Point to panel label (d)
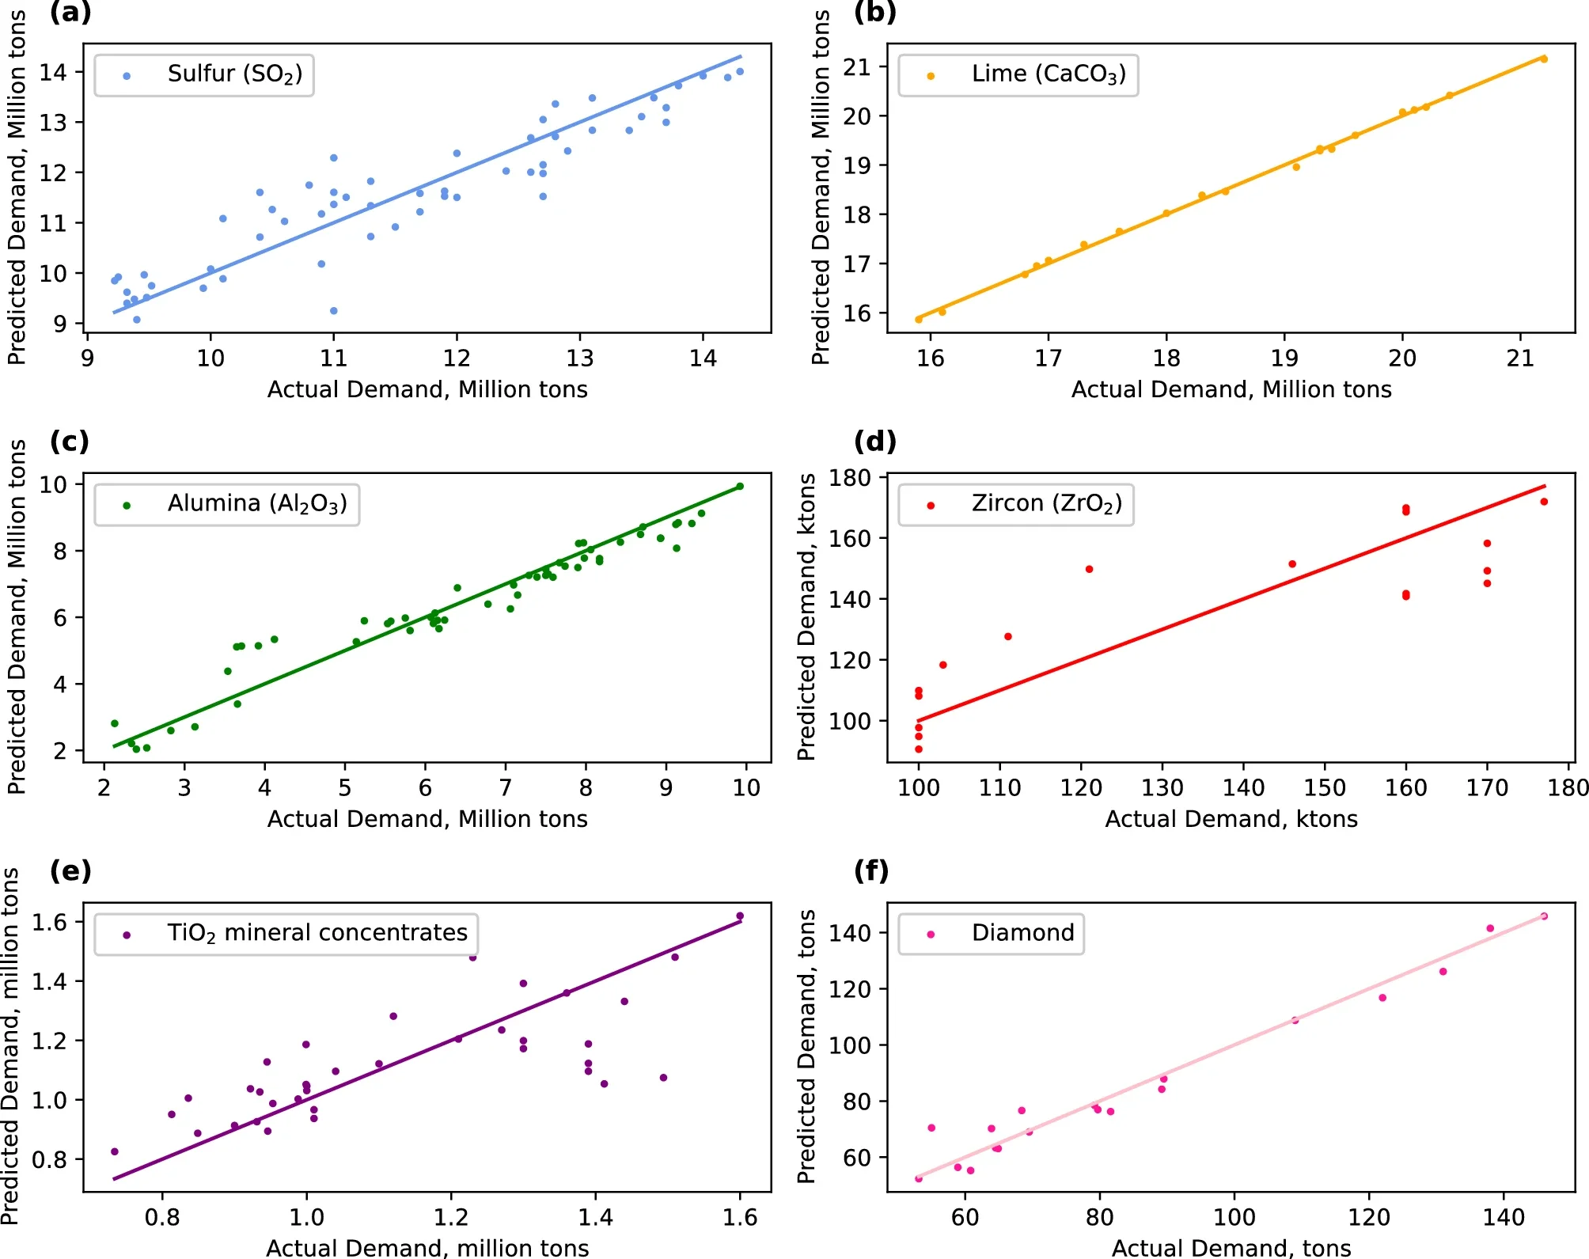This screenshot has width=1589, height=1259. pos(874,441)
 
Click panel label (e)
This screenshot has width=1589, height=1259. pos(70,870)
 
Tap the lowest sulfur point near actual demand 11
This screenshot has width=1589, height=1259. pos(334,311)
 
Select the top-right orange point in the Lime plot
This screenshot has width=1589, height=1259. pos(1544,59)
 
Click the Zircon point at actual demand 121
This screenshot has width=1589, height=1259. pos(1090,570)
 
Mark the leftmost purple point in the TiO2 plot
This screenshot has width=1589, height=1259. pos(115,1151)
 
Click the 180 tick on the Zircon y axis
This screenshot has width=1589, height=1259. pos(850,478)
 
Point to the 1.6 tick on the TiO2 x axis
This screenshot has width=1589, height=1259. pos(740,1217)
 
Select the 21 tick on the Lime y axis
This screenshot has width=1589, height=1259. pos(856,67)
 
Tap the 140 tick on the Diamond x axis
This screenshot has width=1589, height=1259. pos(1504,1217)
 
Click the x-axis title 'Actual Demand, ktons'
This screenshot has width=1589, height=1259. pos(1231,819)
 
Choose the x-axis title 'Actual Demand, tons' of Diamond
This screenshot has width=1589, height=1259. pos(1231,1248)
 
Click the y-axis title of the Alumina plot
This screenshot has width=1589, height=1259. pos(17,617)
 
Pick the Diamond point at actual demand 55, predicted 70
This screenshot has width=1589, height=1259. pos(931,1128)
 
